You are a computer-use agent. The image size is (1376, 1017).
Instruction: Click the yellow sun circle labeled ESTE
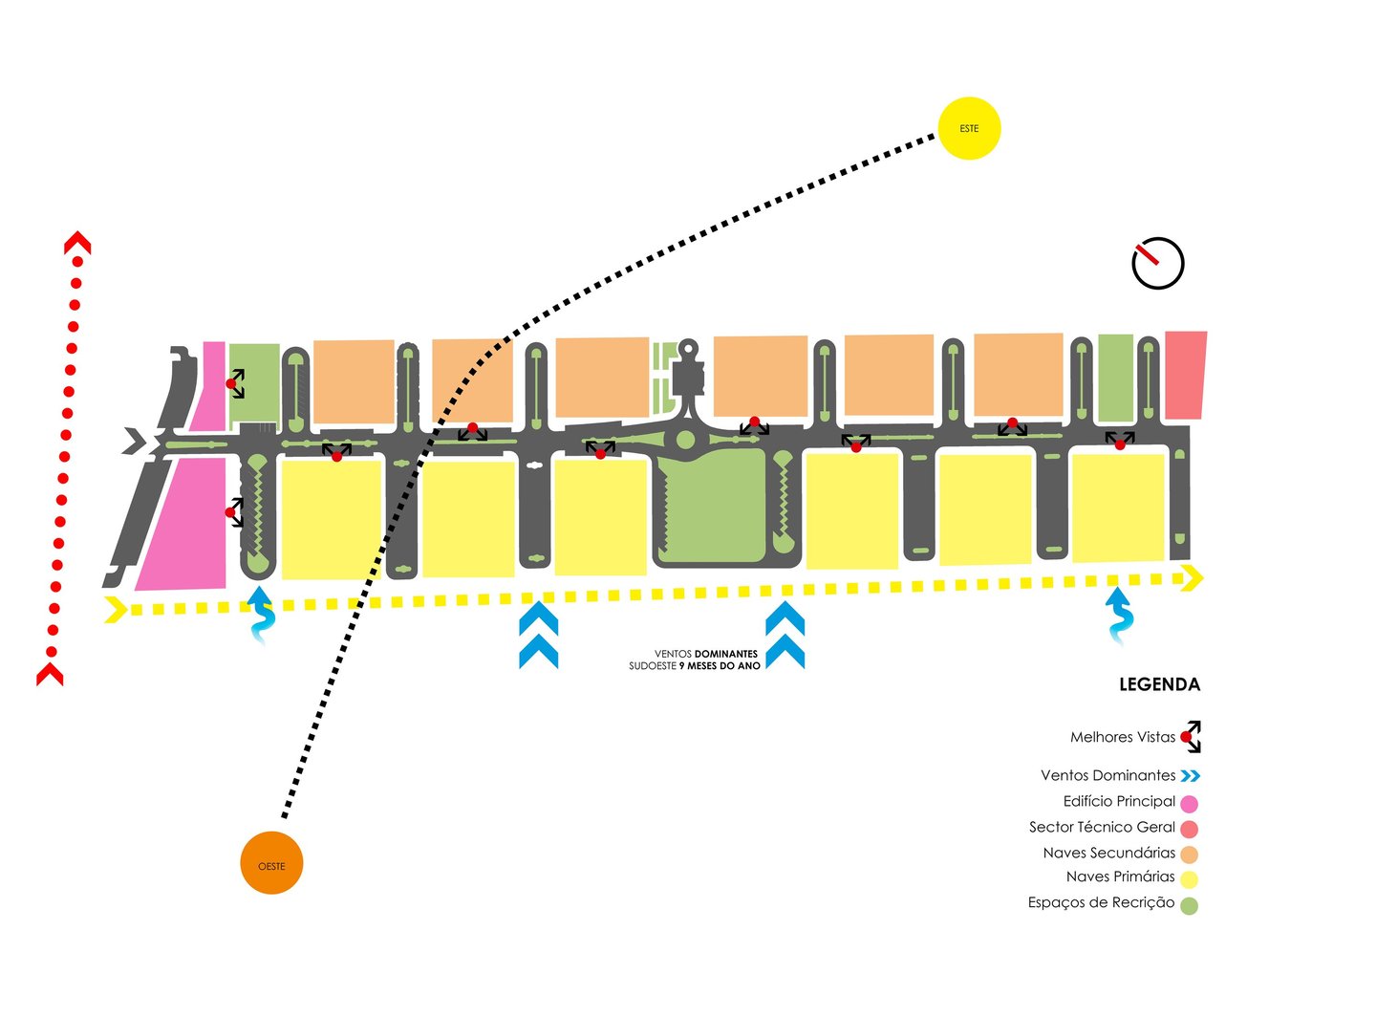click(x=969, y=128)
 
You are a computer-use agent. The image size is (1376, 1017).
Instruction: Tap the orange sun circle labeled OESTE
click(x=271, y=864)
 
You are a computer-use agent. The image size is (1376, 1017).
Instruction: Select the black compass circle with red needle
click(x=1158, y=263)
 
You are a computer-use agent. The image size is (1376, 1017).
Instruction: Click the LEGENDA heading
click(x=1159, y=684)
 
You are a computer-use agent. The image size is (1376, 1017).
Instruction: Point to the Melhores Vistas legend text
click(x=1122, y=737)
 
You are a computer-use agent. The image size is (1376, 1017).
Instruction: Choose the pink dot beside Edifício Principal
click(x=1189, y=803)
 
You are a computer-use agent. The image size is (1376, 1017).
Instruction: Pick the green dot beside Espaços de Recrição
click(x=1189, y=905)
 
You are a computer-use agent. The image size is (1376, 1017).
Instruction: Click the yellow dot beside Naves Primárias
click(x=1189, y=879)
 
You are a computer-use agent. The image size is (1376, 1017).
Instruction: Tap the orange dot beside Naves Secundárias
click(x=1189, y=855)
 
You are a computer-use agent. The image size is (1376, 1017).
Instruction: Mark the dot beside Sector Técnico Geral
click(x=1189, y=829)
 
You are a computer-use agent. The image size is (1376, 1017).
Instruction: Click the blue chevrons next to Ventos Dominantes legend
click(x=1190, y=776)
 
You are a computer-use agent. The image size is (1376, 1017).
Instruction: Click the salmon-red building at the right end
click(x=1185, y=375)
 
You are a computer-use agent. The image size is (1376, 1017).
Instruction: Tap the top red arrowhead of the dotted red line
click(x=77, y=245)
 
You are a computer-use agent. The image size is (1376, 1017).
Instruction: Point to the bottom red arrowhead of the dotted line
click(x=50, y=673)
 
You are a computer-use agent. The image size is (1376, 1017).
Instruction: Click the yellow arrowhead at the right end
click(x=1192, y=577)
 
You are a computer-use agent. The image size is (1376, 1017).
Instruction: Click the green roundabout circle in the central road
click(x=685, y=440)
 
